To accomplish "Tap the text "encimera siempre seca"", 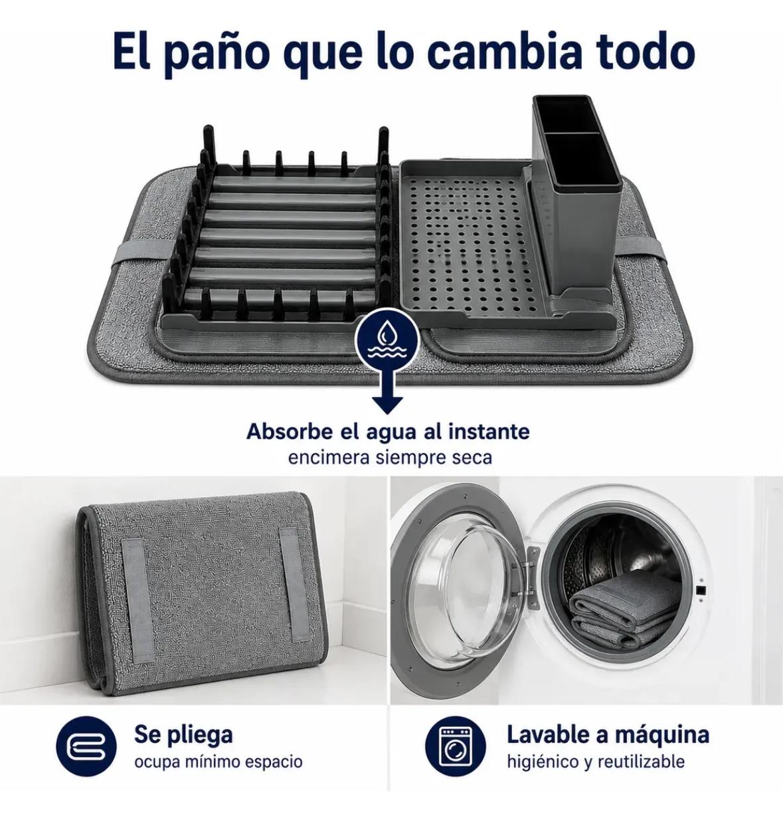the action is pos(390,457).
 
